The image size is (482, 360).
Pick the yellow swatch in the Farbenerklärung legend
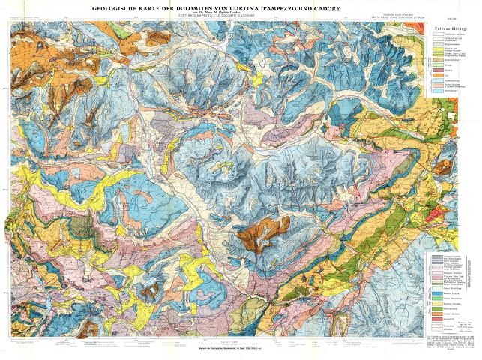click(438, 49)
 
